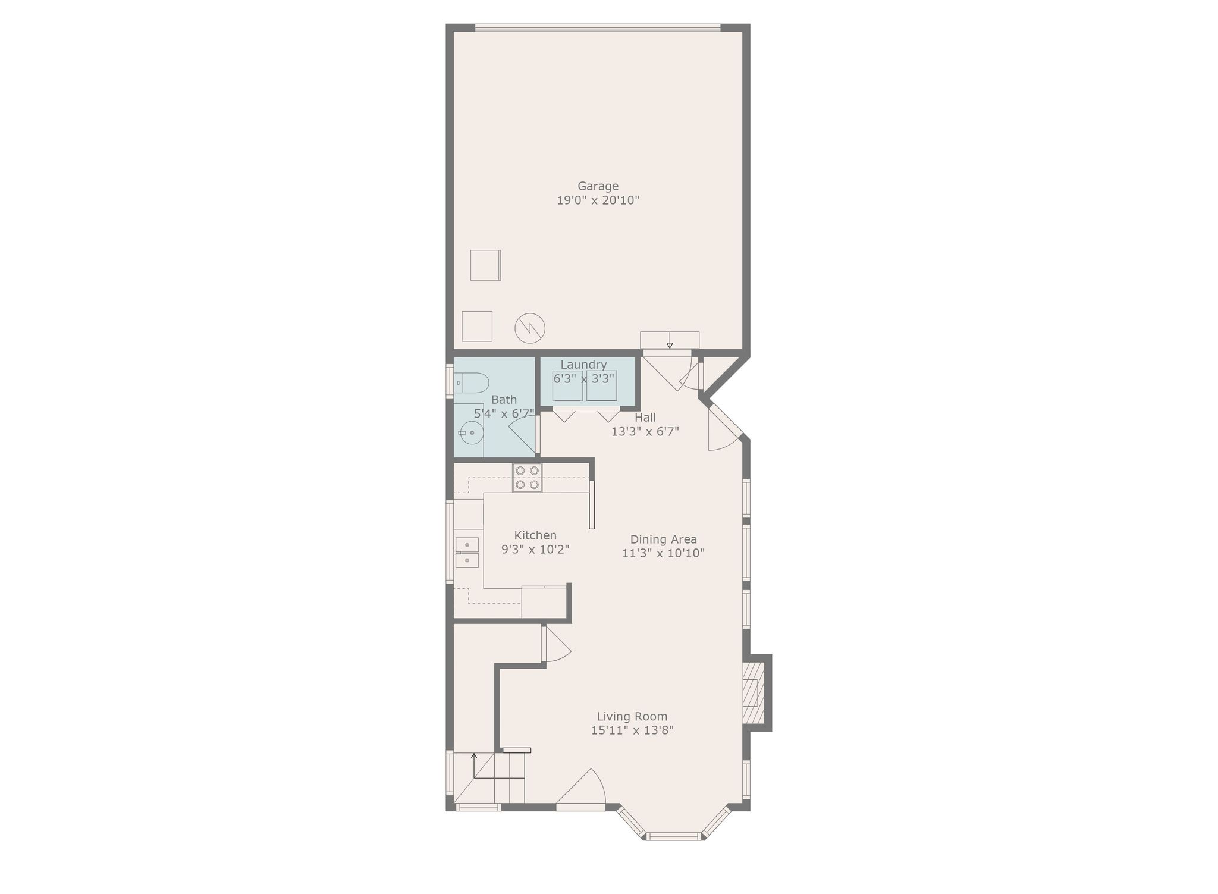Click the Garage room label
click(x=598, y=187)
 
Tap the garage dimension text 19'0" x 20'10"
click(x=598, y=200)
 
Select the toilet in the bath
click(x=471, y=382)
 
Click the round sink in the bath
click(x=470, y=432)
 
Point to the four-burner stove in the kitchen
click(x=528, y=478)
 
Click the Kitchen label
click(x=535, y=535)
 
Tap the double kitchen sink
click(x=467, y=553)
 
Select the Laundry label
click(x=583, y=365)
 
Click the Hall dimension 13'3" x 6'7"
click(x=645, y=431)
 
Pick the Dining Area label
click(x=663, y=539)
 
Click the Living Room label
click(x=632, y=717)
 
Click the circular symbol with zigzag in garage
click(x=529, y=328)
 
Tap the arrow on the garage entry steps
click(x=670, y=340)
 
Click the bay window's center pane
click(x=674, y=836)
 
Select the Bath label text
click(x=504, y=400)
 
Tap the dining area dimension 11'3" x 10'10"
click(x=663, y=553)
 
